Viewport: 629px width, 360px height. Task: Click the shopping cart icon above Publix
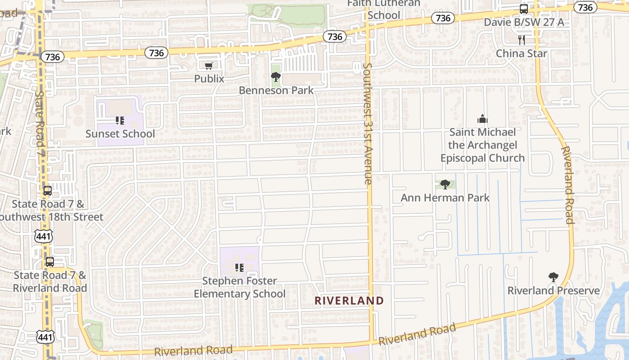(x=208, y=66)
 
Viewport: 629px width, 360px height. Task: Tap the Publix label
(x=209, y=79)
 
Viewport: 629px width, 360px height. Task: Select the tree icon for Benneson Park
(x=276, y=77)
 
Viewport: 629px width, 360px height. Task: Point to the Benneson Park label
(x=276, y=90)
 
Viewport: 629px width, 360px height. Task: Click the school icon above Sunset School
(x=120, y=121)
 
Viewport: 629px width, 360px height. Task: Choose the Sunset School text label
(x=120, y=134)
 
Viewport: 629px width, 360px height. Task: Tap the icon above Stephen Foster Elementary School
(x=239, y=268)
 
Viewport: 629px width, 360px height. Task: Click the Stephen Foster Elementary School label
(x=239, y=287)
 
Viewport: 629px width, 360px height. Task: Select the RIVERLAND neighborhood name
(x=349, y=301)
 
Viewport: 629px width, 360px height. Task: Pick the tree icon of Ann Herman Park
(x=445, y=184)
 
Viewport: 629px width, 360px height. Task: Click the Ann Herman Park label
(x=445, y=198)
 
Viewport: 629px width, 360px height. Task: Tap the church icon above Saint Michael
(x=483, y=119)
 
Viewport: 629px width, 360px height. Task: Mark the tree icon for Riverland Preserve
(x=554, y=277)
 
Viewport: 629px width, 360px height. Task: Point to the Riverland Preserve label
(x=554, y=291)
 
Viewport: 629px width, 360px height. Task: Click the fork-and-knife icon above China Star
(x=522, y=40)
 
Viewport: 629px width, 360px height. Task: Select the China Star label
(x=522, y=54)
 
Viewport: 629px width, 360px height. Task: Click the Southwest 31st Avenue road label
(x=368, y=124)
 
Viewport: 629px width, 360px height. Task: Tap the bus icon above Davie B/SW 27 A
(x=524, y=9)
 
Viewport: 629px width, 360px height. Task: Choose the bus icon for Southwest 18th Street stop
(x=48, y=190)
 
